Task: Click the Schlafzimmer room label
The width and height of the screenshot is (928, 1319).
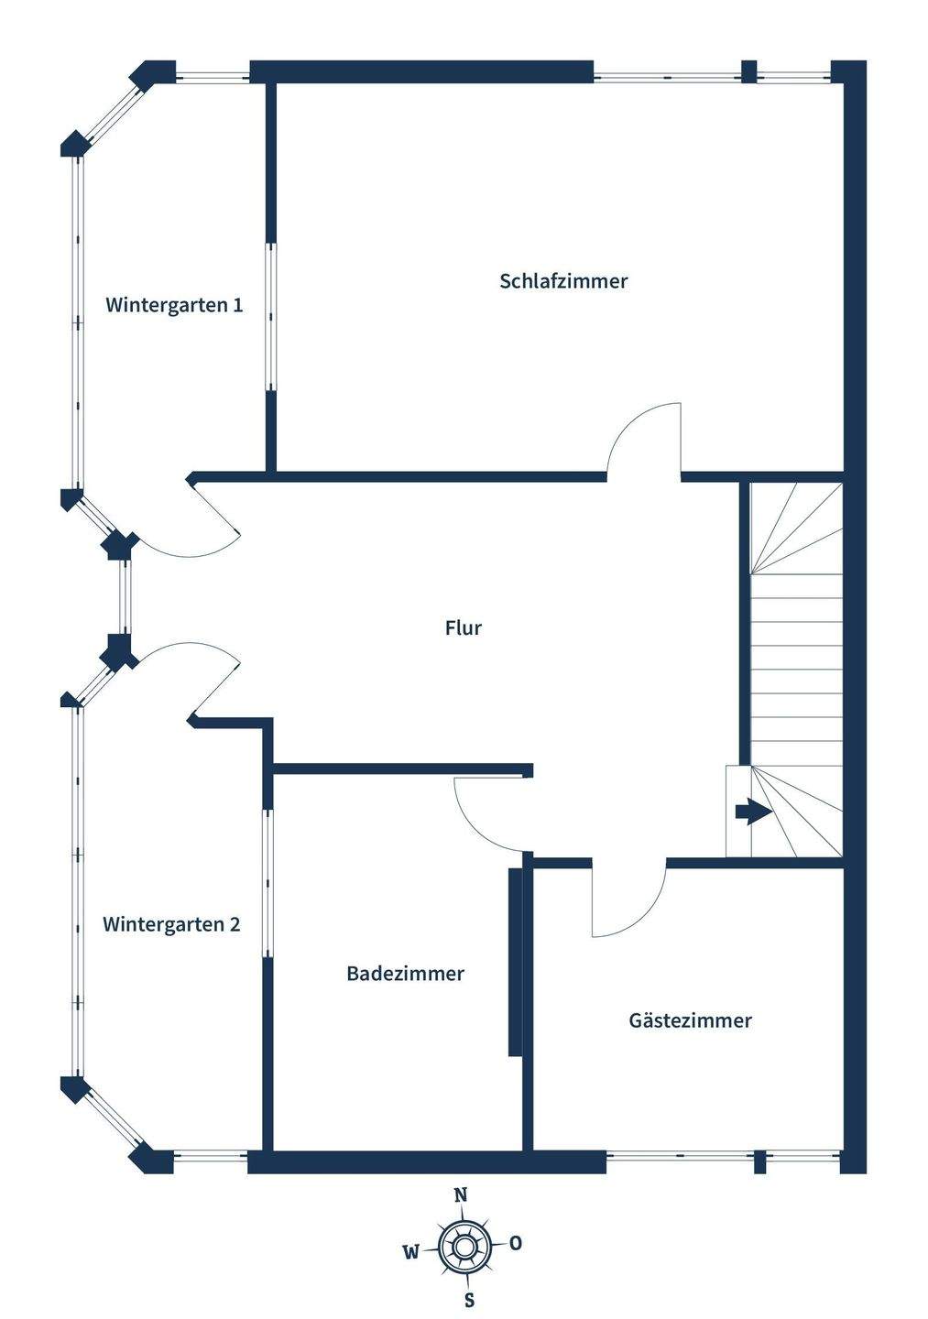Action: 563,281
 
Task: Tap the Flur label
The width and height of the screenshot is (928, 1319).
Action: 463,628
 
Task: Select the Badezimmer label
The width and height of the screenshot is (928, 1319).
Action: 405,974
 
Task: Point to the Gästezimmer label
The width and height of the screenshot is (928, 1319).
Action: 690,1020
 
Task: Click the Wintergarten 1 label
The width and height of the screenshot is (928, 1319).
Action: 174,305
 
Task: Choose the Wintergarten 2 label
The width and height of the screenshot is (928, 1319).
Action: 171,924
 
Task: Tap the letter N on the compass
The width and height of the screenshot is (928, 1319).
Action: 462,1194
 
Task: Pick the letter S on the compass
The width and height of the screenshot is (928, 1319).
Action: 469,1300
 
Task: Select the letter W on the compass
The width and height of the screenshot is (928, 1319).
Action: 411,1251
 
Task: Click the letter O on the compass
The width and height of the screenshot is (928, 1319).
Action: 516,1243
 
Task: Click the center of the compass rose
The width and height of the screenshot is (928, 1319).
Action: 463,1247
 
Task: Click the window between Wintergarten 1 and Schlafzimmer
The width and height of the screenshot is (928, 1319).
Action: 271,317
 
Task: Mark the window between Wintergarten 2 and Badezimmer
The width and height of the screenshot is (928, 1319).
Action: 267,883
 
